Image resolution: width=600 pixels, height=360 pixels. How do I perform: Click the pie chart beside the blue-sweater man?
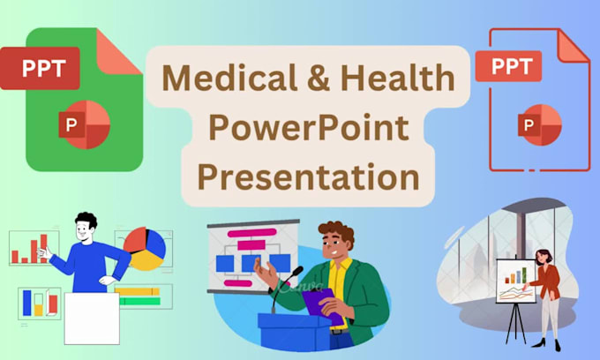coord(145,249)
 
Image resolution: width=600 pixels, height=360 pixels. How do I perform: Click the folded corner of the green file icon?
coord(124,49)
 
